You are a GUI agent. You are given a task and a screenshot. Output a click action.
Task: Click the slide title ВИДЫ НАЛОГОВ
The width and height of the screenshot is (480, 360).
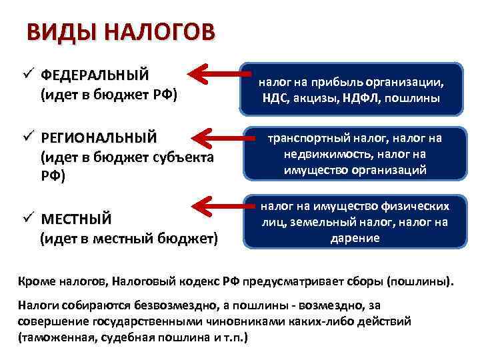coord(121,32)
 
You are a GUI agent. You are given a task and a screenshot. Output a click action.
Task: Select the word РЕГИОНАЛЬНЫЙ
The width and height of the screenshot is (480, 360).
coord(99,138)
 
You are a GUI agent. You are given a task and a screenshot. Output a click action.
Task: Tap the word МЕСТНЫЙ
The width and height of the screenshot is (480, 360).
coord(76,220)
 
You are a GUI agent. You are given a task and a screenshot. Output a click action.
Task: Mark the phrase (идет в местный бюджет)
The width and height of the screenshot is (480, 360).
coord(129,237)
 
